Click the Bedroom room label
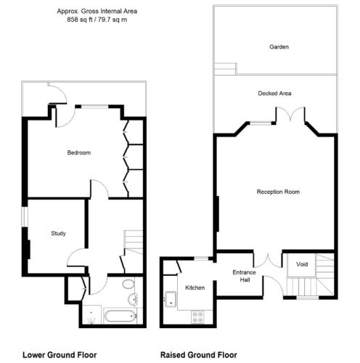[x=79, y=152]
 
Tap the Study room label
[x=58, y=233]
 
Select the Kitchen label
[x=195, y=287]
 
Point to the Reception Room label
[x=278, y=192]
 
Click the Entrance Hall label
[x=244, y=276]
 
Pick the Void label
[x=302, y=264]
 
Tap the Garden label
[x=279, y=46]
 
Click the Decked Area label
[x=274, y=94]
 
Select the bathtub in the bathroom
[x=120, y=315]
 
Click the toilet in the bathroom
[x=128, y=284]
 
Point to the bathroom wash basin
[x=132, y=299]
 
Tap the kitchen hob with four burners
[x=197, y=317]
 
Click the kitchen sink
[x=171, y=299]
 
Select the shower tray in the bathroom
[x=91, y=314]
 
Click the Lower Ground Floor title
[x=60, y=355]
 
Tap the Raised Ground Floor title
[x=199, y=355]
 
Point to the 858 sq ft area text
[x=80, y=20]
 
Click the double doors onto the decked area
[x=290, y=114]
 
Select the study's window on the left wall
[x=25, y=216]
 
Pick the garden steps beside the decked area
[x=225, y=69]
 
